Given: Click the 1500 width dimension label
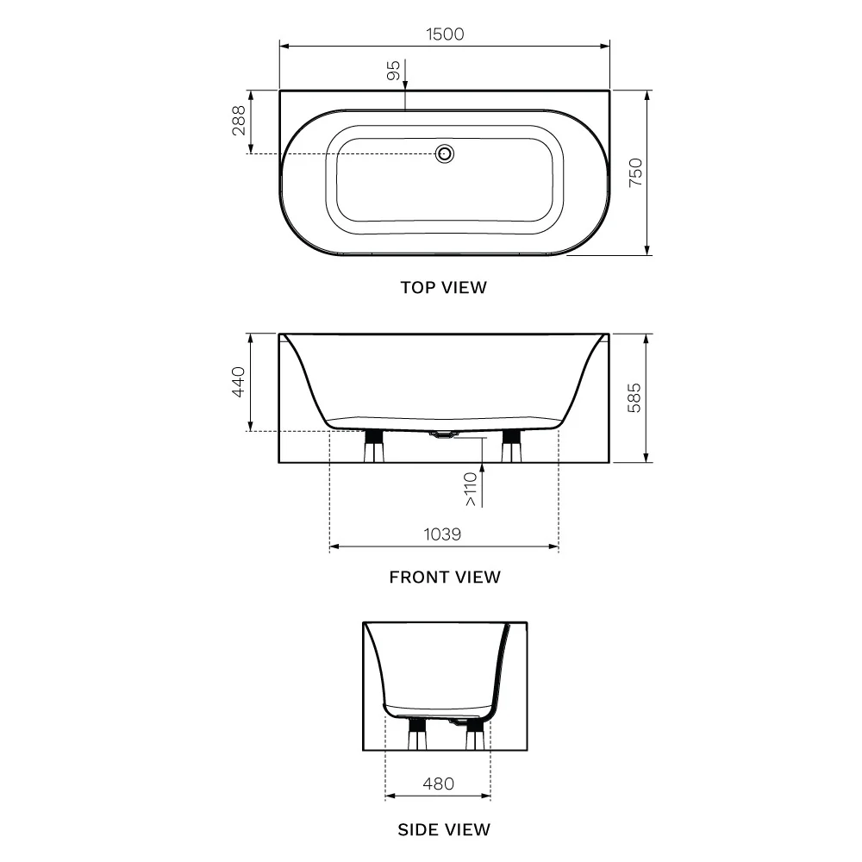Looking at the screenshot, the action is click(x=445, y=34).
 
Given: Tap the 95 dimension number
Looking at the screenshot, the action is click(x=394, y=71).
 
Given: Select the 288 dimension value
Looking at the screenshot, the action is click(x=239, y=121).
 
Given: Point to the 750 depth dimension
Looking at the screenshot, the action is click(x=635, y=172).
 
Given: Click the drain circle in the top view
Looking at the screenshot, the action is click(x=444, y=154).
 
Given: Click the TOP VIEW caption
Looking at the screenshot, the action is click(x=444, y=288).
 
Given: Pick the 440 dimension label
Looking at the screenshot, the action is click(x=239, y=382).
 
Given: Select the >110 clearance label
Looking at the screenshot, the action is click(x=471, y=490).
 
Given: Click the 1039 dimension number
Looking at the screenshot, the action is click(x=442, y=534).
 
